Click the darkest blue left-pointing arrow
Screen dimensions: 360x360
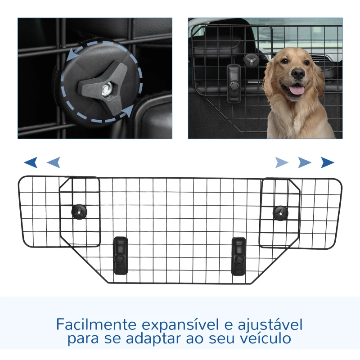point(31,162)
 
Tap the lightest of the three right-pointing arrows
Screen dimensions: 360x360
point(282,162)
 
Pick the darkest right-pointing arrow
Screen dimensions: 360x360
point(328,162)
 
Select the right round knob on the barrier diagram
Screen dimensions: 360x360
point(280,212)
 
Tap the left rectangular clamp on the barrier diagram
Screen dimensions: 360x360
point(121,255)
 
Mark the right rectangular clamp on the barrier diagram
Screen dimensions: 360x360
point(238,256)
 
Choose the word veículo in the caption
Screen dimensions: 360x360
point(266,338)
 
